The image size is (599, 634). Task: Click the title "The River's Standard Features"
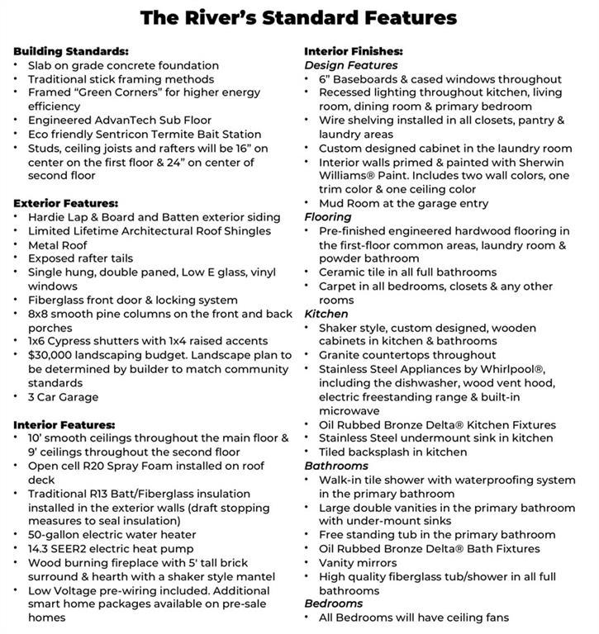pyautogui.click(x=298, y=17)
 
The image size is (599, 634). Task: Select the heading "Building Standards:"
pyautogui.click(x=70, y=51)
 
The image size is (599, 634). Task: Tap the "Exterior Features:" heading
pyautogui.click(x=66, y=203)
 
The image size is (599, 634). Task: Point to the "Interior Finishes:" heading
pyautogui.click(x=354, y=51)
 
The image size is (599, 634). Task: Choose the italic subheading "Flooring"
pyautogui.click(x=328, y=217)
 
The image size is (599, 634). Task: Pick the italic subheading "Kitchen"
pyautogui.click(x=326, y=314)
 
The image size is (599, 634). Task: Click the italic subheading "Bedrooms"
pyautogui.click(x=332, y=603)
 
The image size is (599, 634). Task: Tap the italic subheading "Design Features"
pyautogui.click(x=351, y=65)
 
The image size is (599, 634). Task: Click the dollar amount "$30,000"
pyautogui.click(x=55, y=355)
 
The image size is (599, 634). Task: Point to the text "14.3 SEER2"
pyautogui.click(x=61, y=549)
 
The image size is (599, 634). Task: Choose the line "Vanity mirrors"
pyautogui.click(x=359, y=562)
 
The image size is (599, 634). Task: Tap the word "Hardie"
pyautogui.click(x=47, y=217)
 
